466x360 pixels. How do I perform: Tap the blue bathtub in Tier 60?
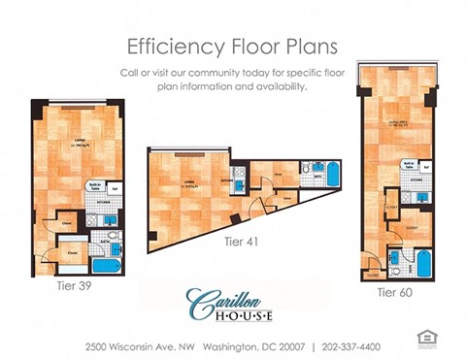coord(422,261)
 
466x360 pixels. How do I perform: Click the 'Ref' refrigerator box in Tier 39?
coord(116,187)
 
